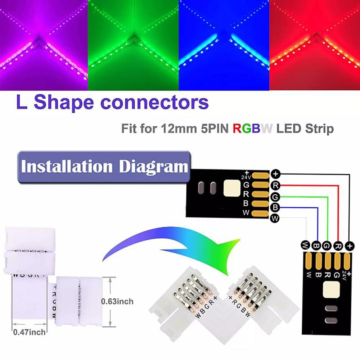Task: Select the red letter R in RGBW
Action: pos(237,128)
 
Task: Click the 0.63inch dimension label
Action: pos(117,301)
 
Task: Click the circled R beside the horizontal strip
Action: pos(275,185)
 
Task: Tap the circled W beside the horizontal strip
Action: pos(275,218)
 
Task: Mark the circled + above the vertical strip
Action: pos(349,246)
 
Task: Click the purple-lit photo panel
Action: pos(44,45)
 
